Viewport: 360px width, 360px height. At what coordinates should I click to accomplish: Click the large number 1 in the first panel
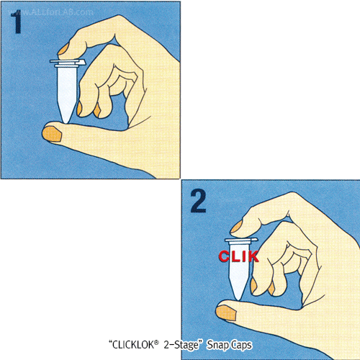pos(17,23)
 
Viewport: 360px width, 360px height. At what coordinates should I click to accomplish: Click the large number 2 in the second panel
pos(198,201)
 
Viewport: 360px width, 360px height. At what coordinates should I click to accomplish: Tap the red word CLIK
pos(238,256)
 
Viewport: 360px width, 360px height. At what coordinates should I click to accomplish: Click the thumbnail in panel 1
pos(52,134)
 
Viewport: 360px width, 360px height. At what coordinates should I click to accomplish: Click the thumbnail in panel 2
pos(227,313)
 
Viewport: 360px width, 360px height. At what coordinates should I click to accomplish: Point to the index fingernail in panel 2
pos(237,227)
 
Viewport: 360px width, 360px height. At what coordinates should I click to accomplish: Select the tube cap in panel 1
pos(68,63)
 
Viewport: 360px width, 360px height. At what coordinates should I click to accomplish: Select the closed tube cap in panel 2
pos(241,240)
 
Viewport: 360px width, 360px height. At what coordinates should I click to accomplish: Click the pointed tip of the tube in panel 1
pos(66,122)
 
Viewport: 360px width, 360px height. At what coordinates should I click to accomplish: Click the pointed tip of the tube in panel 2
pos(238,299)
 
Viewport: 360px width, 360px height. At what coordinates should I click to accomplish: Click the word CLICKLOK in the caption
pos(133,345)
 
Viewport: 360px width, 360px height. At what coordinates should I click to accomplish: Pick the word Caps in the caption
pos(240,346)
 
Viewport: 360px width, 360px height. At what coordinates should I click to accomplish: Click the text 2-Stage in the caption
pos(181,346)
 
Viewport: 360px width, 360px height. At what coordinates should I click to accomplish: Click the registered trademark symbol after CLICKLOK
pos(156,343)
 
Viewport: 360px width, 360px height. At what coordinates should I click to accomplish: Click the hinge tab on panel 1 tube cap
pos(81,63)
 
